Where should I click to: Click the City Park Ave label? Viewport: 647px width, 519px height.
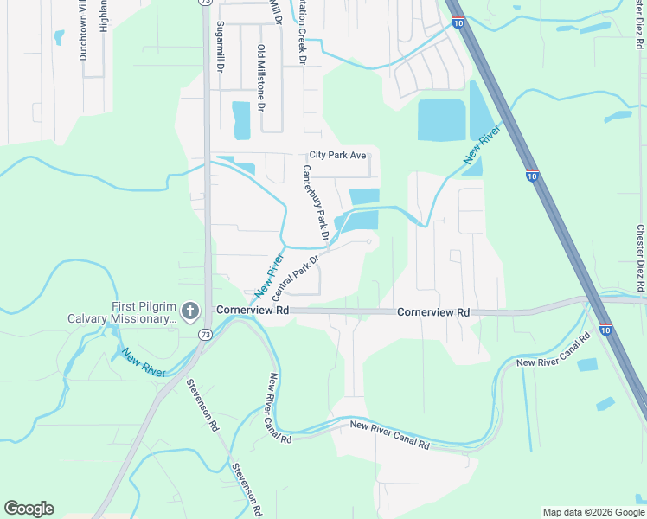click(338, 156)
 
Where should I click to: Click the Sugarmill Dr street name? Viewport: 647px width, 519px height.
click(221, 45)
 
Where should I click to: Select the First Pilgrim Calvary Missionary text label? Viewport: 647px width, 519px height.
click(121, 312)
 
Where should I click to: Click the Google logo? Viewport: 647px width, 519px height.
click(29, 509)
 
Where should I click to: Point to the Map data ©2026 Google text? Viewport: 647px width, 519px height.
click(593, 512)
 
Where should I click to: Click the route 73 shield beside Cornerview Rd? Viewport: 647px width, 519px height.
click(204, 333)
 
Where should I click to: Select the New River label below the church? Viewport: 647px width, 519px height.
click(144, 362)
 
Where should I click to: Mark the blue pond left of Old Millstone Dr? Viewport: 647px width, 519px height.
click(240, 119)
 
